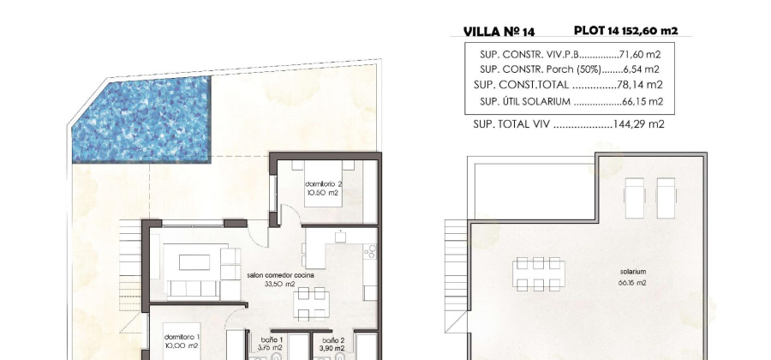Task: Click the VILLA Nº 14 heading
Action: click(499, 32)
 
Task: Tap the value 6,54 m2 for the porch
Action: click(643, 69)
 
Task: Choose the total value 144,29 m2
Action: click(637, 124)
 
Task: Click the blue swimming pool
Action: click(141, 120)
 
